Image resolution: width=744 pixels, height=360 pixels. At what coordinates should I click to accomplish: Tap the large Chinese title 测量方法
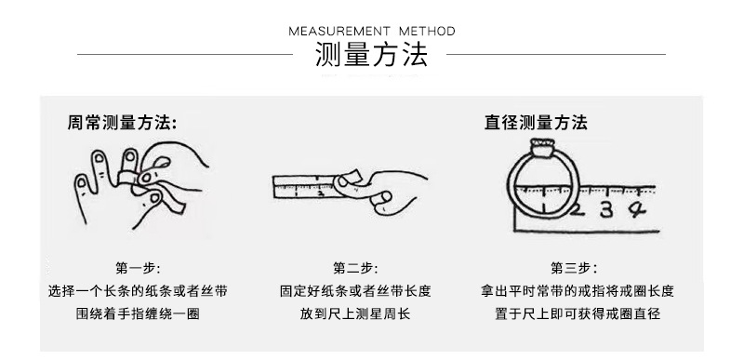click(x=371, y=57)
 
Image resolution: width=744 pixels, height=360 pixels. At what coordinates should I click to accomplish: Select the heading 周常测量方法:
click(x=122, y=123)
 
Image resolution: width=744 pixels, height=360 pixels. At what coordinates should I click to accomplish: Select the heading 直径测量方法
click(x=536, y=123)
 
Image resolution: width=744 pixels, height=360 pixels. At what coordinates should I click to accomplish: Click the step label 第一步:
click(x=138, y=268)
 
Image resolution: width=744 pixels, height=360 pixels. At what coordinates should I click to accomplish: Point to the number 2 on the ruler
click(x=578, y=211)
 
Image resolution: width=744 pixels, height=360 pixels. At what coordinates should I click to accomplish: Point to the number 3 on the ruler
click(x=605, y=211)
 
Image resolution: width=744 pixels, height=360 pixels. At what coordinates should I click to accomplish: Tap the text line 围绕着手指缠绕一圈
click(x=138, y=314)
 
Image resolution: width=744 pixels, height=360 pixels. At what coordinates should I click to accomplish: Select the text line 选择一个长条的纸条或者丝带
click(x=138, y=291)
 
